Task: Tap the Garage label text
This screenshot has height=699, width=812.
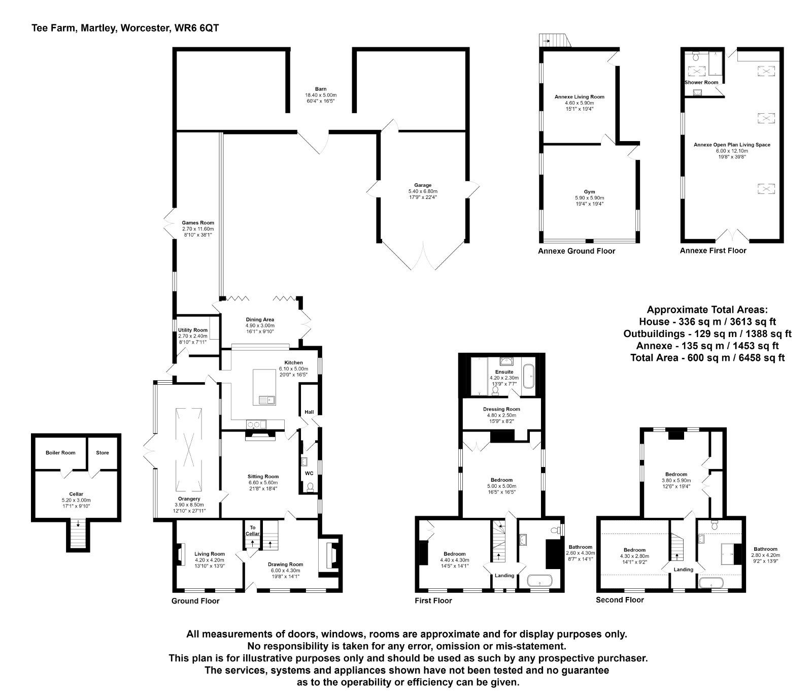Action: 422,185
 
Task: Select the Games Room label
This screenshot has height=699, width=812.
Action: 198,222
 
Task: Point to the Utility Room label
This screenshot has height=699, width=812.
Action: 193,330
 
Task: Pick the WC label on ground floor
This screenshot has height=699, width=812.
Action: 309,473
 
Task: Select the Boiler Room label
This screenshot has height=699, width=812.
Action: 60,453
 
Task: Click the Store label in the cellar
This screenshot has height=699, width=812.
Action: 103,453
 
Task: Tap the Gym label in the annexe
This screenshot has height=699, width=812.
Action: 589,192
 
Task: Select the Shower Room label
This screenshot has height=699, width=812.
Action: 701,82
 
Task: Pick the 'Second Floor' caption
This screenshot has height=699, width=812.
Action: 620,600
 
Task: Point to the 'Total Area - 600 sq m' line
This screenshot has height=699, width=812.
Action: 707,358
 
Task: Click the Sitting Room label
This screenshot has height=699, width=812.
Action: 263,476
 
